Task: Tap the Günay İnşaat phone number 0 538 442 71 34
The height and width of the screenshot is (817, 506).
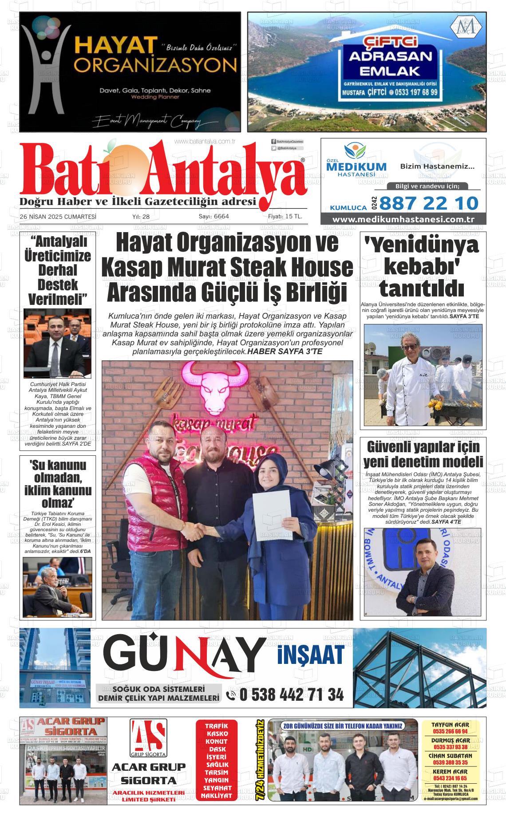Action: (x=291, y=695)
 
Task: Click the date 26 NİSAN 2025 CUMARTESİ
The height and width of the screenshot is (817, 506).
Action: (x=58, y=217)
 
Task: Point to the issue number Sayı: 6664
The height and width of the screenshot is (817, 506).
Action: (x=213, y=217)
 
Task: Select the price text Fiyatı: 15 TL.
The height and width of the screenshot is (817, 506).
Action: (x=285, y=217)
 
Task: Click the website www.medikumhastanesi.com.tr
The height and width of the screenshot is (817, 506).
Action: (x=403, y=220)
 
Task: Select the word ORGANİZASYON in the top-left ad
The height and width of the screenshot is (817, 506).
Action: (x=155, y=66)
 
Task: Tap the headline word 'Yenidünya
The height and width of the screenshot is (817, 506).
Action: (x=422, y=246)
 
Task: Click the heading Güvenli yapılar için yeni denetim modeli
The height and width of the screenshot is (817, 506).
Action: (x=423, y=453)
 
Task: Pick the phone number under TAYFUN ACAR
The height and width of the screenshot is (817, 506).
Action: (x=450, y=731)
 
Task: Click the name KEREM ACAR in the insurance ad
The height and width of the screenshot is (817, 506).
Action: (x=450, y=772)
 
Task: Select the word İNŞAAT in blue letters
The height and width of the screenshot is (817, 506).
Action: (x=311, y=654)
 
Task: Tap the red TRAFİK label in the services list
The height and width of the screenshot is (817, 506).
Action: (x=217, y=726)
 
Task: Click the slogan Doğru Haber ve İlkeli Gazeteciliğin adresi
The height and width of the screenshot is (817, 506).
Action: (x=138, y=202)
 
